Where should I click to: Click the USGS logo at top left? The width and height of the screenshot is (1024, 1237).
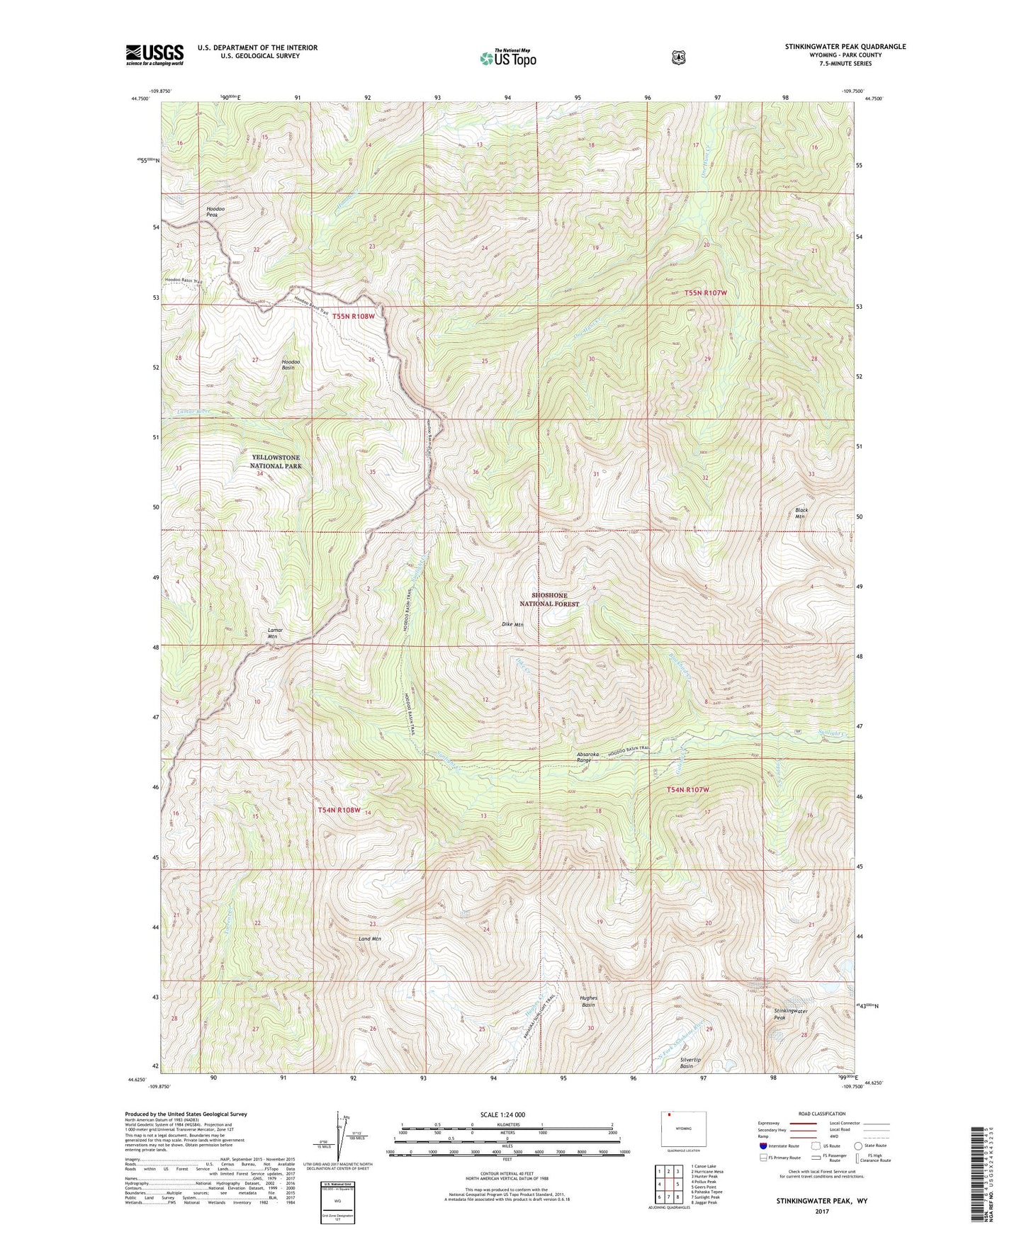click(x=154, y=55)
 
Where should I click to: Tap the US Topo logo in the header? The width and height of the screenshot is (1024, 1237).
click(x=507, y=58)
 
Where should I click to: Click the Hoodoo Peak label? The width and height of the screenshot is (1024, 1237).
click(x=216, y=211)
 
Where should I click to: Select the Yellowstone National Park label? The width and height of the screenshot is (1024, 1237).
click(x=276, y=462)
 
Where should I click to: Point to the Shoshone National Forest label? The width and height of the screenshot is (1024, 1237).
click(x=549, y=599)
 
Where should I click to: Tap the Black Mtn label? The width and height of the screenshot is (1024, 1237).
click(x=801, y=513)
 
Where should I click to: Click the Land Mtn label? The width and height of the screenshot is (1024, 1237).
click(x=370, y=939)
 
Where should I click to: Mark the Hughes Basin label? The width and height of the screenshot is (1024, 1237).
click(x=589, y=1001)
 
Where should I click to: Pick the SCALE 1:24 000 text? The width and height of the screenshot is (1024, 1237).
click(x=502, y=1114)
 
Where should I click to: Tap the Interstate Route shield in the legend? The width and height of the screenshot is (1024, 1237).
click(x=763, y=1146)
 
